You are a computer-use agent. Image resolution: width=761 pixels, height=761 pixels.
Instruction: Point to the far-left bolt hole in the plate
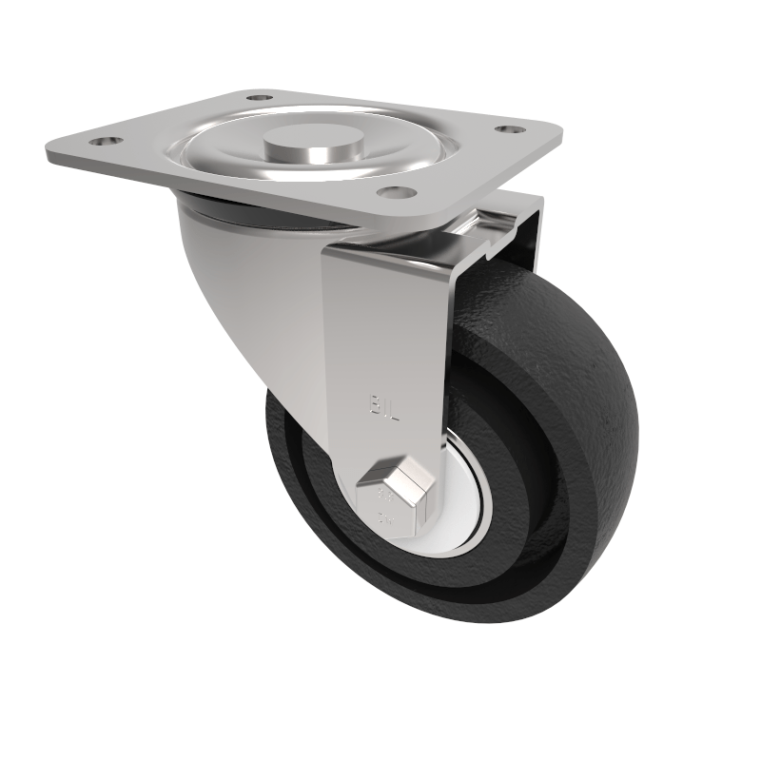pos(102,143)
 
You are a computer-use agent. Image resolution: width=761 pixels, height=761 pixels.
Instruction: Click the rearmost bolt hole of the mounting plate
pos(258,97)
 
